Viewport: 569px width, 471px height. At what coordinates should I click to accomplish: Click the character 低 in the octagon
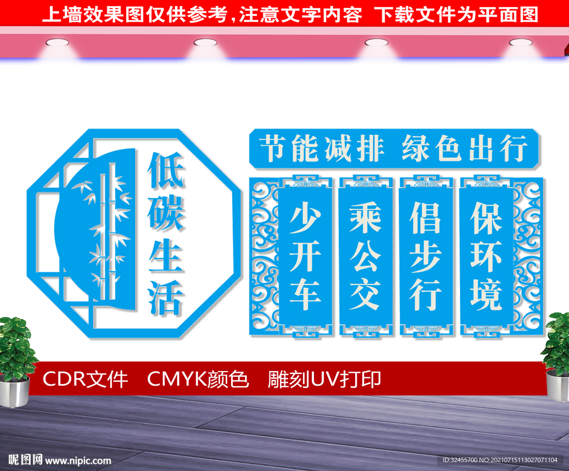click(166, 170)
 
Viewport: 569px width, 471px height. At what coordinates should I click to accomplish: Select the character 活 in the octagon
click(166, 297)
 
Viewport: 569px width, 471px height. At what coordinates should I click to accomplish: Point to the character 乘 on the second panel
click(366, 217)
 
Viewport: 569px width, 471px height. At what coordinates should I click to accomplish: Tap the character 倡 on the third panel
click(425, 217)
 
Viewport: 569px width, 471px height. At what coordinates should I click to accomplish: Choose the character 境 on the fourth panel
click(486, 294)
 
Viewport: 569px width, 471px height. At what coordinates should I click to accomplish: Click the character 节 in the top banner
click(274, 148)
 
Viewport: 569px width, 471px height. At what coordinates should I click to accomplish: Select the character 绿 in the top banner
click(417, 148)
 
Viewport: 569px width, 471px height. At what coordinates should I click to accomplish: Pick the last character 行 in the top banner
click(513, 148)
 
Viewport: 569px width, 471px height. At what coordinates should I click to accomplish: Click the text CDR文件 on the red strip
click(85, 379)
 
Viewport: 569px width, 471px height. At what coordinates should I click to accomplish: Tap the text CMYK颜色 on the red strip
click(198, 379)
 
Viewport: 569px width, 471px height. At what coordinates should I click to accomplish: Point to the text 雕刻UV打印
click(325, 379)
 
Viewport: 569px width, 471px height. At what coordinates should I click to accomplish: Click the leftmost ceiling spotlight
click(57, 43)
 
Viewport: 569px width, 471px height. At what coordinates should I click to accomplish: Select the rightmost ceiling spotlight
click(521, 43)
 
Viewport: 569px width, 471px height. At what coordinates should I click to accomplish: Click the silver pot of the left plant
click(14, 391)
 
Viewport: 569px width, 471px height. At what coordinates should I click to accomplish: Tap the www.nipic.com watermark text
click(78, 460)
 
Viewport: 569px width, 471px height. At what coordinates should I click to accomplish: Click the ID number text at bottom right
click(500, 460)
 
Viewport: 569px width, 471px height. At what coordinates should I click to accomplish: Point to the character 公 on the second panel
click(366, 256)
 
